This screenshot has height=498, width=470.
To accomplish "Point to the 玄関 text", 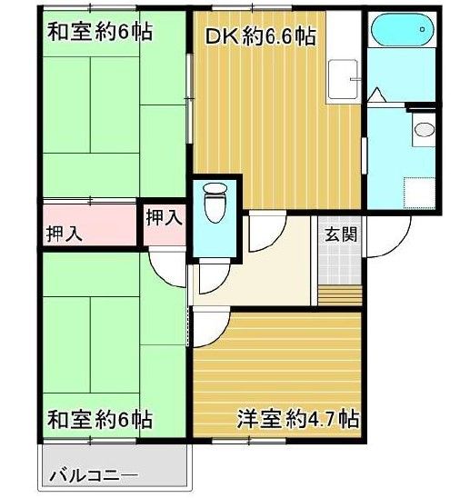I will (341, 233).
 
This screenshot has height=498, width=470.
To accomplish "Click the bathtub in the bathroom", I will (401, 34).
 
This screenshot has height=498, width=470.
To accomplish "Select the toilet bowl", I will (215, 202).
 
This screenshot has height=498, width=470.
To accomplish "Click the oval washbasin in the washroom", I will (424, 128).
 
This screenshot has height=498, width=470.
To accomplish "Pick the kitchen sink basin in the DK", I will (343, 76).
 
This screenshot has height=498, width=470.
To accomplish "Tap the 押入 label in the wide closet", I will (65, 233).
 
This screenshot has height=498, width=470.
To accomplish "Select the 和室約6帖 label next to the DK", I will (99, 33).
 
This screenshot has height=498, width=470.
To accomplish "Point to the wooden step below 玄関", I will (341, 295).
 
